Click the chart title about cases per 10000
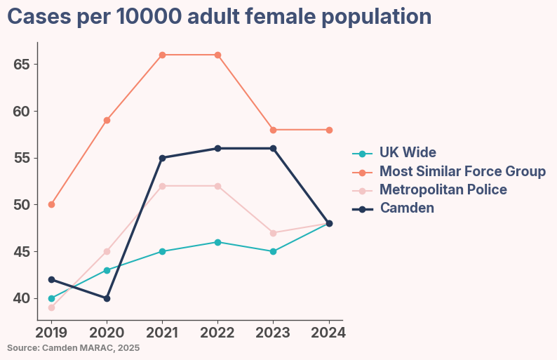pyautogui.click(x=219, y=17)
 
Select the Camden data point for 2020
pyautogui.click(x=107, y=298)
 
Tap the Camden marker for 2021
pyautogui.click(x=162, y=158)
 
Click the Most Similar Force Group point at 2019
pyautogui.click(x=51, y=205)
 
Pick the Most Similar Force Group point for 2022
pyautogui.click(x=217, y=55)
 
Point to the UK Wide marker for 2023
pyautogui.click(x=273, y=251)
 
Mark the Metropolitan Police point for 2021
pyautogui.click(x=162, y=186)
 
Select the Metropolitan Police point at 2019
pyautogui.click(x=51, y=307)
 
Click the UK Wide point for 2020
pyautogui.click(x=107, y=270)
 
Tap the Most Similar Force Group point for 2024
pyautogui.click(x=328, y=130)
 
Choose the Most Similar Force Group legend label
pyautogui.click(x=462, y=171)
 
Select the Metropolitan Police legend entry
pyautogui.click(x=443, y=189)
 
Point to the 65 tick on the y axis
pyautogui.click(x=22, y=65)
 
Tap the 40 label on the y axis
pyautogui.click(x=22, y=298)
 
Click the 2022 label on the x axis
pyautogui.click(x=217, y=332)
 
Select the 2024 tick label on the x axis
pyautogui.click(x=328, y=332)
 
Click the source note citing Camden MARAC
pyautogui.click(x=74, y=347)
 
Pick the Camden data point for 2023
pyautogui.click(x=273, y=148)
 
